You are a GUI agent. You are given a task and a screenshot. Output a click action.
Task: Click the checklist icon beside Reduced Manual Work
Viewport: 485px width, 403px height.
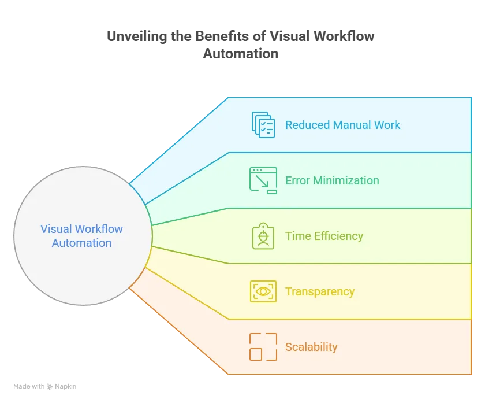263,124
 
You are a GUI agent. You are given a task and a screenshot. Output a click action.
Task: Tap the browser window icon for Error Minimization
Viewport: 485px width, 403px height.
263,180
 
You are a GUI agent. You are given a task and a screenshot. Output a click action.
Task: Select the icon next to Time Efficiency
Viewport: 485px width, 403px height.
263,236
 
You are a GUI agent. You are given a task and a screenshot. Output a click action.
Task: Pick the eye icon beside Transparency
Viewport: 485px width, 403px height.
263,291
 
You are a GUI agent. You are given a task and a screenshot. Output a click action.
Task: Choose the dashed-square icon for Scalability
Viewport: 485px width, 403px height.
263,347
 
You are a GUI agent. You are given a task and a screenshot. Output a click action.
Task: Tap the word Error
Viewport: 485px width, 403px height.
297,180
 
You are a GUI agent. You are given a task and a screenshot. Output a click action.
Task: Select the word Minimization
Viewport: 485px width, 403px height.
346,180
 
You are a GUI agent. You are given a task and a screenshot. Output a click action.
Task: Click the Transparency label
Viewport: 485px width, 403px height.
319,291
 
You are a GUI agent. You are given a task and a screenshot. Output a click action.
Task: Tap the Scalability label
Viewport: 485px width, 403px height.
311,347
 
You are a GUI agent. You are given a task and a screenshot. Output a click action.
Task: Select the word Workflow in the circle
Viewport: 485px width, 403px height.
99,229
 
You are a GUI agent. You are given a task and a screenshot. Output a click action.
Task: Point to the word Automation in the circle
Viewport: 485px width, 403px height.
81,243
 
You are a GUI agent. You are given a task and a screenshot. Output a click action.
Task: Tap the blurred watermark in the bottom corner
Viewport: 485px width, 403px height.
46,387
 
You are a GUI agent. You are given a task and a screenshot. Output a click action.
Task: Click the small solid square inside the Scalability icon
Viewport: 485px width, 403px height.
256,354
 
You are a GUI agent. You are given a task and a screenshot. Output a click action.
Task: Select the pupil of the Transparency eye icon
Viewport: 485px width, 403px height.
263,291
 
